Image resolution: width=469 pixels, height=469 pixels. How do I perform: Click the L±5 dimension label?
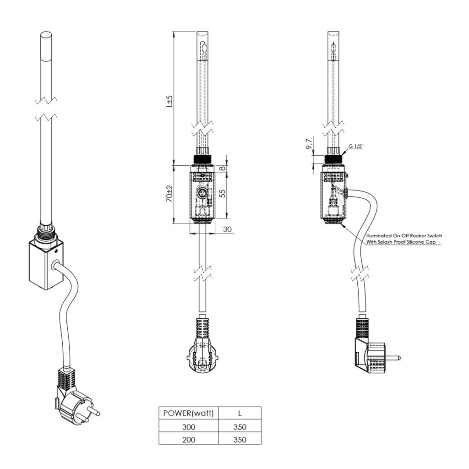[x=169, y=101]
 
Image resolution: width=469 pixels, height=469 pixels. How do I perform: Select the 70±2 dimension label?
[x=169, y=194]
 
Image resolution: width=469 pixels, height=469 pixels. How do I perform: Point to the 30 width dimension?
[x=227, y=229]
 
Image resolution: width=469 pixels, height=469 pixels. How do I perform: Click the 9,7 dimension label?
[x=309, y=145]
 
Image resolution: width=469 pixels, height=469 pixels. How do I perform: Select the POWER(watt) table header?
[x=189, y=413]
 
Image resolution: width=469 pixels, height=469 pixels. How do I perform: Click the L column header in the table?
[x=240, y=413]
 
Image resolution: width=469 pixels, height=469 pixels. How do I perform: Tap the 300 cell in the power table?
[x=189, y=427]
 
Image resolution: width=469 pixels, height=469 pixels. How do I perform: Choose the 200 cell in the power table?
[x=189, y=440]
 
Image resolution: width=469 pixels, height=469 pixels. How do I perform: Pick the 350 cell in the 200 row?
[x=240, y=440]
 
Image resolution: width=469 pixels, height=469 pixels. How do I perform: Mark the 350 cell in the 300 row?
[x=240, y=427]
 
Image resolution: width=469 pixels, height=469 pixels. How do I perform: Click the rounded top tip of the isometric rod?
[x=46, y=35]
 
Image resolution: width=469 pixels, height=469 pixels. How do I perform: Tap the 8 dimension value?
[x=223, y=169]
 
